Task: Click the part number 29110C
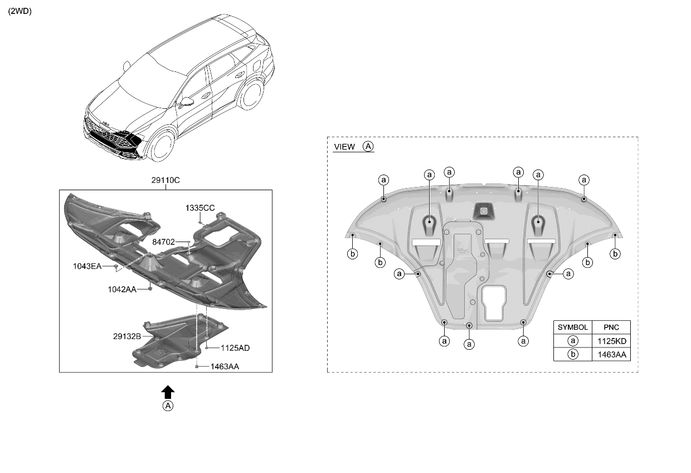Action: (x=166, y=180)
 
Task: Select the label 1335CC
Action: (x=200, y=208)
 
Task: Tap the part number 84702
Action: (x=163, y=242)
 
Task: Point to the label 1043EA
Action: (x=87, y=266)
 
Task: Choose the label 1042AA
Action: (x=122, y=289)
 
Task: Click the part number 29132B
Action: (x=127, y=336)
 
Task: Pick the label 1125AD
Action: (x=235, y=348)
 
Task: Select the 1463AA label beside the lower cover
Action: (x=225, y=366)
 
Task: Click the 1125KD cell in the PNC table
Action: (x=612, y=341)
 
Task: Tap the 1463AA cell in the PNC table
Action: (x=612, y=354)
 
